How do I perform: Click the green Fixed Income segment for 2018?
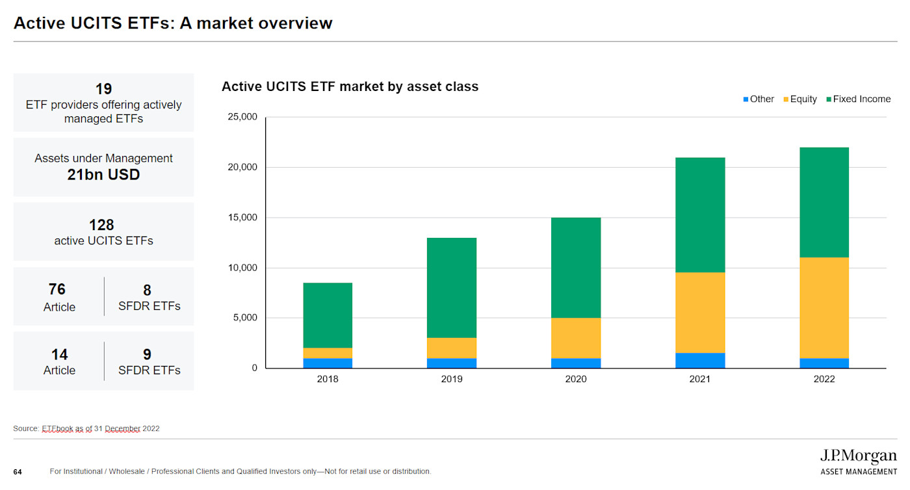328,315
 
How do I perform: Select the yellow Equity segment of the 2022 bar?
824,307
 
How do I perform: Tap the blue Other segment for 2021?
700,361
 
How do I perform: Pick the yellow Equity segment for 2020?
576,338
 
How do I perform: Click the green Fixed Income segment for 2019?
452,288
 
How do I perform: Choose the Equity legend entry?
799,99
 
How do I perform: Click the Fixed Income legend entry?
857,99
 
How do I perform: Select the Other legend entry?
758,99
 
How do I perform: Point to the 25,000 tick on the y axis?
242,117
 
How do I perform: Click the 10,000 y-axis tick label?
242,268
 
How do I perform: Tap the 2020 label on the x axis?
576,380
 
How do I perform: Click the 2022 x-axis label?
824,380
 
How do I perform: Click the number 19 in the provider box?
103,89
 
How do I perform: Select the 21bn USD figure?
103,174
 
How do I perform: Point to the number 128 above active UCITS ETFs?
101,225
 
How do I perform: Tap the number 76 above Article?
57,289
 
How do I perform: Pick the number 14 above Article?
59,355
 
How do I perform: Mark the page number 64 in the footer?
18,472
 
